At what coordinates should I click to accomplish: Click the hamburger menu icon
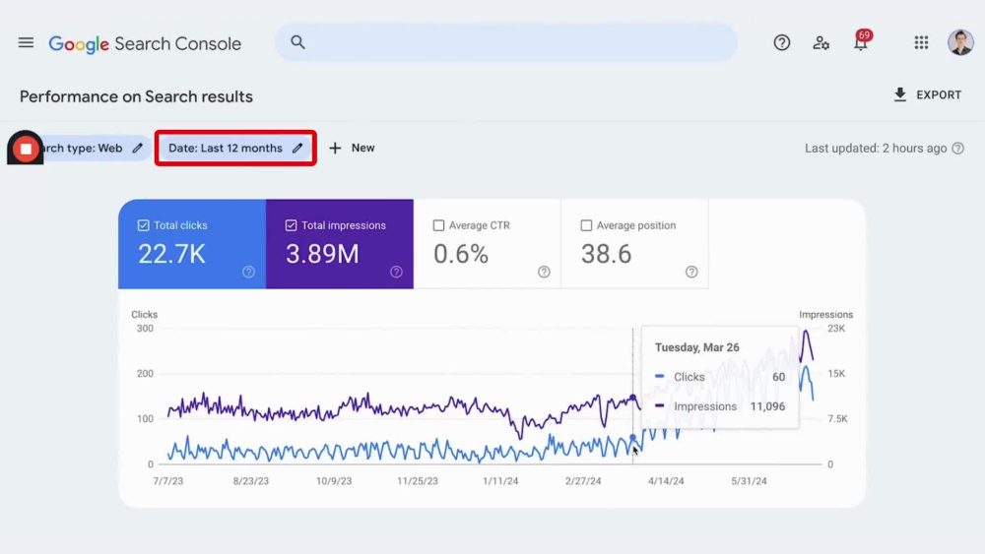pos(26,42)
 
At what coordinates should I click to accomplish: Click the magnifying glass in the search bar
pos(297,42)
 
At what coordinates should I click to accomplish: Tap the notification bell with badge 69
pos(861,42)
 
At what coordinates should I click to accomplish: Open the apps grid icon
pos(921,42)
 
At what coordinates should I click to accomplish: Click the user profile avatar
pos(960,42)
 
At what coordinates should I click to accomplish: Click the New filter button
pos(352,148)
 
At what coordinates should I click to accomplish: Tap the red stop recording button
pos(26,149)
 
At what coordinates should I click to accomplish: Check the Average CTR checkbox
pos(438,225)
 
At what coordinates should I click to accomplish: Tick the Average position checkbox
pos(586,225)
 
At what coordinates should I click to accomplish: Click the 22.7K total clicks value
pos(171,254)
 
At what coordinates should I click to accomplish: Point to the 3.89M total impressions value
pos(322,254)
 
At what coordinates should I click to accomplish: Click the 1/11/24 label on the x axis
pos(500,481)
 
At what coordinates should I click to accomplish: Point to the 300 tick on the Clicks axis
pos(145,328)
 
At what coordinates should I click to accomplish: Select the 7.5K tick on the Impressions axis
pos(837,418)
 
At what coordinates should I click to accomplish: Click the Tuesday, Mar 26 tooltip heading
pos(696,347)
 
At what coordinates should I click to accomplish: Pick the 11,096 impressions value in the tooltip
pos(767,406)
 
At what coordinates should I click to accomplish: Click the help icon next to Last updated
pos(958,149)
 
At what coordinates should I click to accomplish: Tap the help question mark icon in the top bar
pos(781,42)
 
